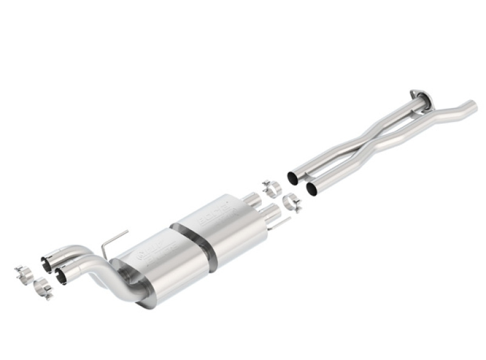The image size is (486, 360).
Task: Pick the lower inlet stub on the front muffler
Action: click(270, 212)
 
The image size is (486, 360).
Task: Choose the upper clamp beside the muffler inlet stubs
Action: click(272, 186)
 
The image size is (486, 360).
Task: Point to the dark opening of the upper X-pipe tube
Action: click(292, 178)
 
